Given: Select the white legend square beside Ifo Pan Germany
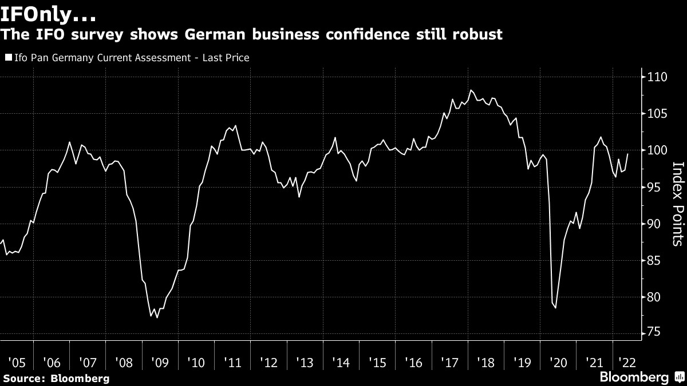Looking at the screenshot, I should (x=7, y=58).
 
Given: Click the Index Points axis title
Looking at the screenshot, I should (x=677, y=204).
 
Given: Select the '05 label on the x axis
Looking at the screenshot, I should (x=17, y=363).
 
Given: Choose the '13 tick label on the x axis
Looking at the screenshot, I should (x=304, y=363).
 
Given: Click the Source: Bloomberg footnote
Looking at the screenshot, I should (x=56, y=379).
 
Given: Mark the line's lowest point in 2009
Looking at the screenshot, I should (x=157, y=317).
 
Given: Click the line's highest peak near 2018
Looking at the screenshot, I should (x=471, y=90).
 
